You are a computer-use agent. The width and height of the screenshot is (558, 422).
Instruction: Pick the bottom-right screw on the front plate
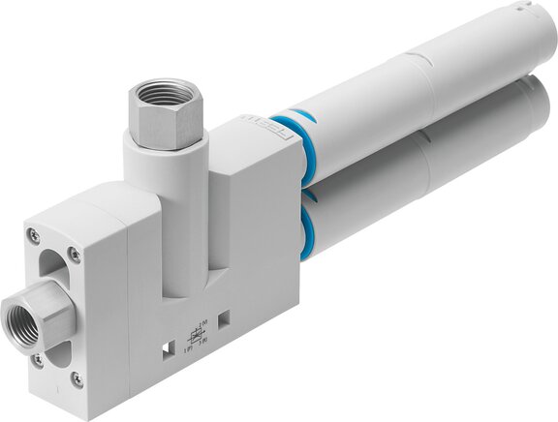tap(77, 380)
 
